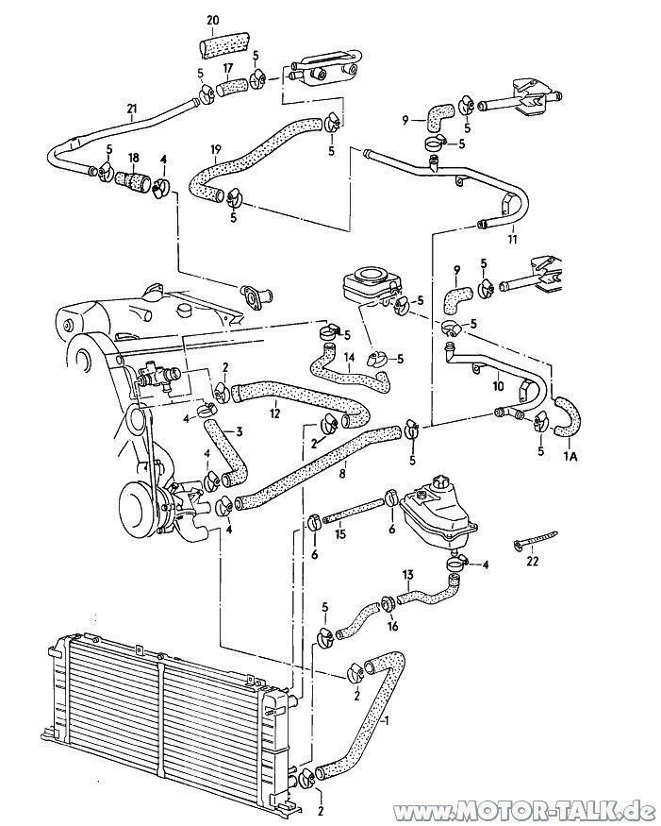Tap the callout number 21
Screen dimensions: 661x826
[x=132, y=110]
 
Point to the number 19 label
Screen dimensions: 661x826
[x=215, y=149]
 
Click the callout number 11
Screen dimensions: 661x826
[x=513, y=240]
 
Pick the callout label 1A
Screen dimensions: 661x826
[x=570, y=457]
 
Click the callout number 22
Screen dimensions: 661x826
[x=533, y=562]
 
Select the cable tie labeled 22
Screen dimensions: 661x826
[x=534, y=542]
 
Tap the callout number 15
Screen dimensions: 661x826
[x=340, y=534]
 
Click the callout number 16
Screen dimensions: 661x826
[x=392, y=626]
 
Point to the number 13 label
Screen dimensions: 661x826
[x=408, y=574]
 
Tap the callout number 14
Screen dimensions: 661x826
[x=350, y=357]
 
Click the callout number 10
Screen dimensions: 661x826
[x=498, y=386]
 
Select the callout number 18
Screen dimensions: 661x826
[x=134, y=157]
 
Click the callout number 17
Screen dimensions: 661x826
[x=227, y=67]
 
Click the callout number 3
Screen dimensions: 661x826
[x=240, y=432]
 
